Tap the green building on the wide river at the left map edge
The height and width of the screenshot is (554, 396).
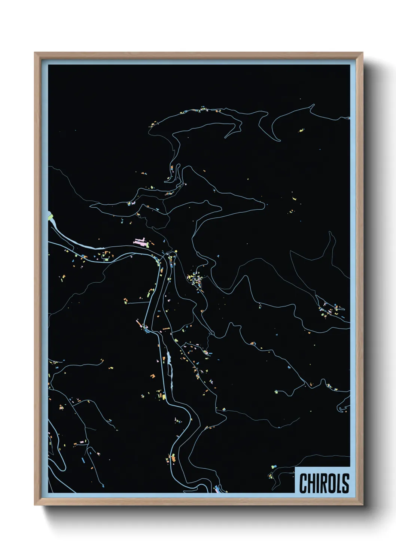point(50,216)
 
